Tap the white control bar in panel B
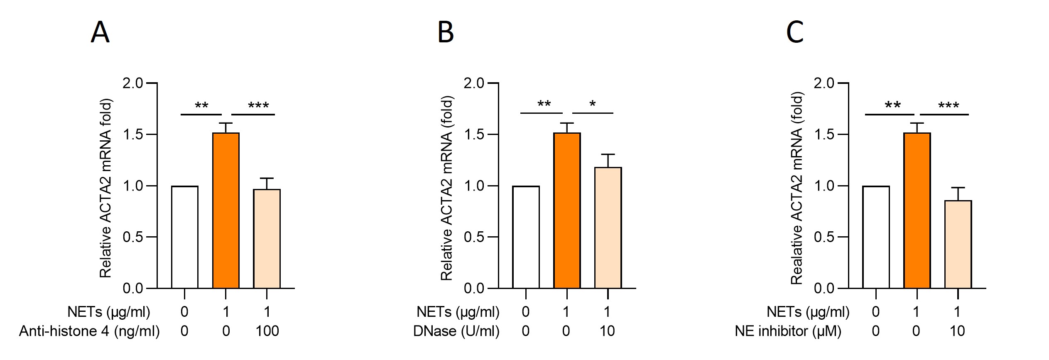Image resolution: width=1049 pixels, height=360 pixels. (526, 237)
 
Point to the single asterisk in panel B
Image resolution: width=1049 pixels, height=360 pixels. (593, 104)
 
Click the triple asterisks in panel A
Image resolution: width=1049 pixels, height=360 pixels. (258, 106)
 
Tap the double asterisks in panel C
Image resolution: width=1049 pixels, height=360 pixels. (892, 105)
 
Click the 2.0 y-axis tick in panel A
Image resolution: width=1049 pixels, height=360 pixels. (133, 83)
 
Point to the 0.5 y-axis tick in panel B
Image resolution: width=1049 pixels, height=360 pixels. (474, 237)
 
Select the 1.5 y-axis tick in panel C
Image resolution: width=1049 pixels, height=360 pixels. (824, 135)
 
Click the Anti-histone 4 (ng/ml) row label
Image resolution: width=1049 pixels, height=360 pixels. (89, 331)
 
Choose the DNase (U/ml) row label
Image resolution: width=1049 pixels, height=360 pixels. (456, 331)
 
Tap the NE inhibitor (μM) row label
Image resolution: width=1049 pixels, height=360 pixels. (788, 331)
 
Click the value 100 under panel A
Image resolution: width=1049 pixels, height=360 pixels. (267, 331)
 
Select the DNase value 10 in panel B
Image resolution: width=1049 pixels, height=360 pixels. (607, 331)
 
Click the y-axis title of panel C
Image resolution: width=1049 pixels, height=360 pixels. (797, 188)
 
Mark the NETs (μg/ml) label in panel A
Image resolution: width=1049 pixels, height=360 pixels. (109, 312)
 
